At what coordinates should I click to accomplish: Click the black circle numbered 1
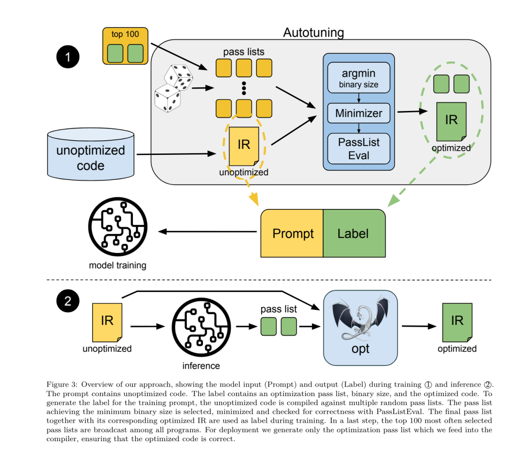[x=68, y=57]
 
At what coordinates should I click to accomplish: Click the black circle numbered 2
[x=68, y=301]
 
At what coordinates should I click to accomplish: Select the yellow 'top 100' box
[x=125, y=46]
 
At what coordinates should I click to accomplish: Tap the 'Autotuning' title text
[x=313, y=33]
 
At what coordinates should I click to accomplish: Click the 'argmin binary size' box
[x=359, y=78]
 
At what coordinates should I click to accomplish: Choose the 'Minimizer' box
[x=359, y=114]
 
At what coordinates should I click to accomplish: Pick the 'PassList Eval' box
[x=359, y=148]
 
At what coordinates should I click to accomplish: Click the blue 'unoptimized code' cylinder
[x=90, y=156]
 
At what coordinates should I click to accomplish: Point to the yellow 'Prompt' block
[x=292, y=233]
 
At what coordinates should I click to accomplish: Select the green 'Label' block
[x=353, y=233]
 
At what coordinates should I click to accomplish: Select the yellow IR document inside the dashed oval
[x=244, y=146]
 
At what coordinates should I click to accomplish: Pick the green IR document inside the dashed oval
[x=451, y=122]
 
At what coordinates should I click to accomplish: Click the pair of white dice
[x=173, y=89]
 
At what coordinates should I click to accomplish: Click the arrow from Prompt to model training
[x=209, y=232]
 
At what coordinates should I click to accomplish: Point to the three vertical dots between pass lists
[x=244, y=88]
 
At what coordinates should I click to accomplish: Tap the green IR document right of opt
[x=457, y=322]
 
